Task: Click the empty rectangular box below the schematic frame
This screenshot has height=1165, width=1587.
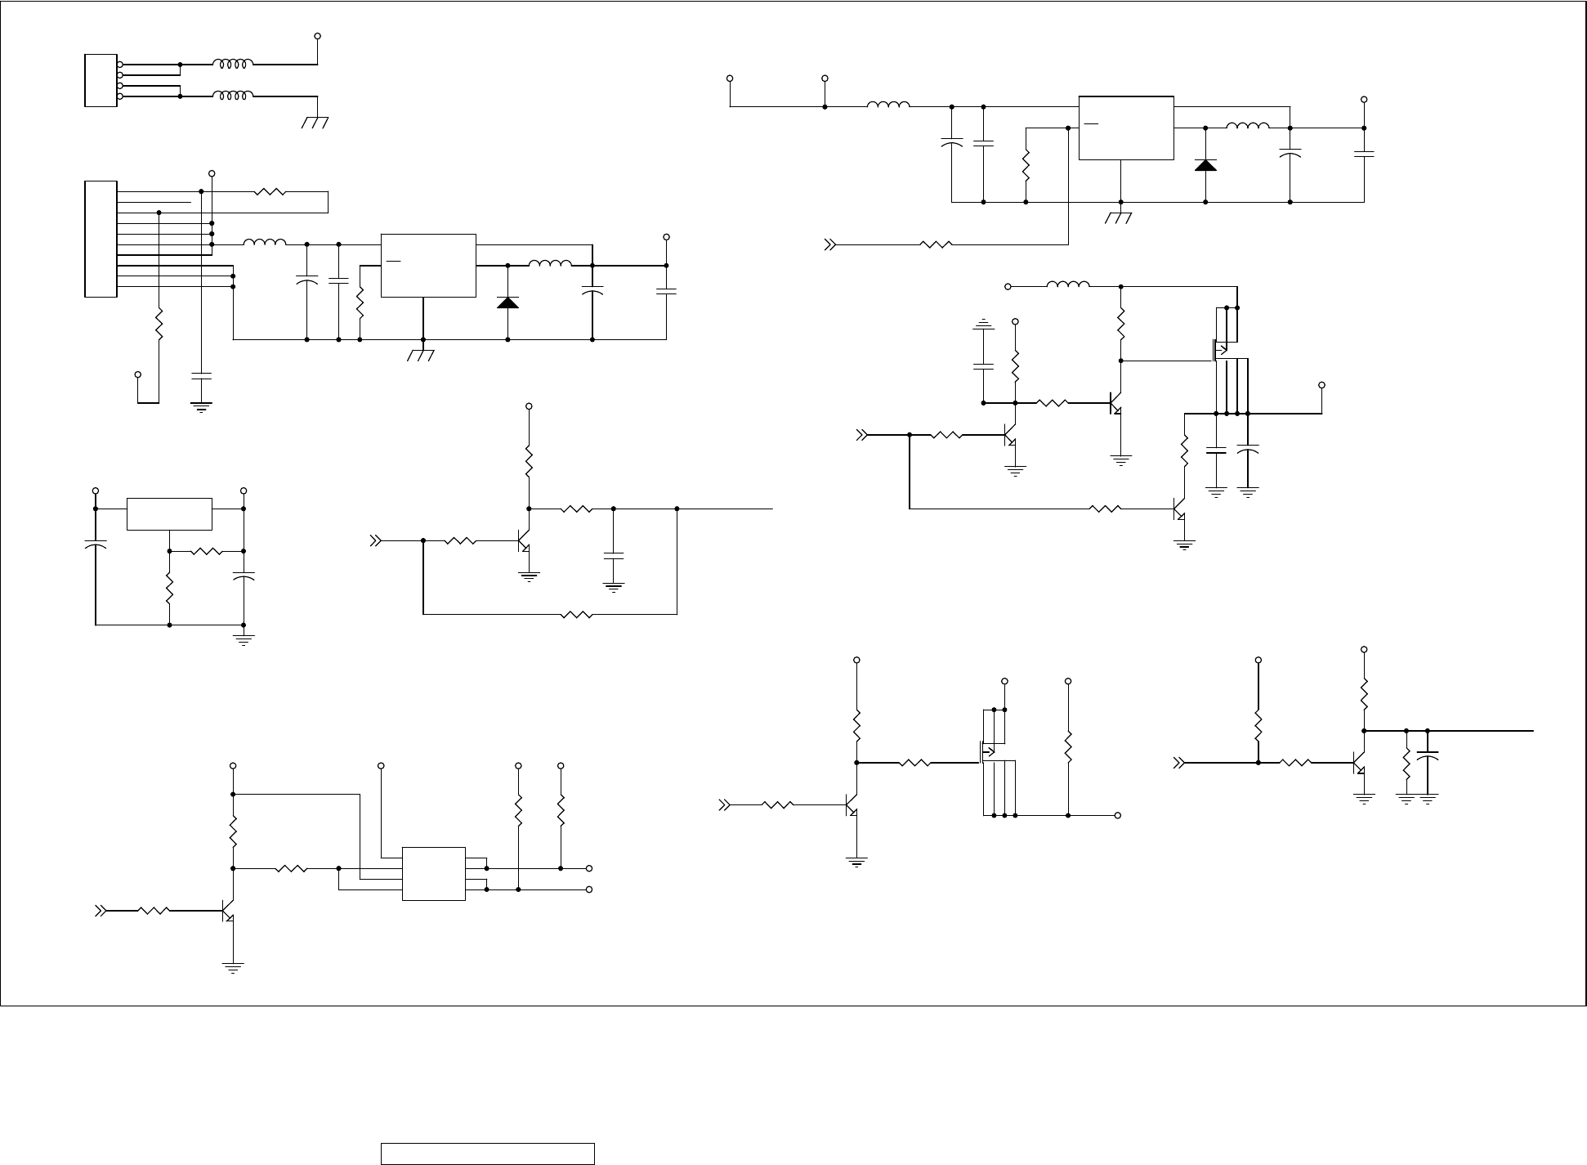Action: click(x=487, y=1154)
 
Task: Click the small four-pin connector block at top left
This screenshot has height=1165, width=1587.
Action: click(x=101, y=80)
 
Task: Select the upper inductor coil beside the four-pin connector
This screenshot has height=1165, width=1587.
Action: click(x=233, y=63)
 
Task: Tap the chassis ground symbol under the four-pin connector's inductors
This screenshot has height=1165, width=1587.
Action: click(x=315, y=123)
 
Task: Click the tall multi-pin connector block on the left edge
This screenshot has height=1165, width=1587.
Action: click(x=101, y=238)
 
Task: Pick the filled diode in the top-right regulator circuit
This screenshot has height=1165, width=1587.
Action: click(x=1205, y=165)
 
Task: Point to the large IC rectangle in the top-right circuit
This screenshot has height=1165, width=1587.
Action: click(x=1126, y=128)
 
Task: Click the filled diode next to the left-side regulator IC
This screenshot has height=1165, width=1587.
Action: click(x=507, y=302)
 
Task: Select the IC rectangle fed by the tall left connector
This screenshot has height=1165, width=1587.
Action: click(x=428, y=266)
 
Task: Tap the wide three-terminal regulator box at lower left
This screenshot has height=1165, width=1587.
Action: click(x=169, y=513)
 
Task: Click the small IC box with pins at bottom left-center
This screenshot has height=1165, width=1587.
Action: click(x=433, y=874)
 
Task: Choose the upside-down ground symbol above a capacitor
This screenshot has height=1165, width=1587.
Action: click(x=983, y=325)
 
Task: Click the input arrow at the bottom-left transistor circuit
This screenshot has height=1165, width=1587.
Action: click(x=101, y=910)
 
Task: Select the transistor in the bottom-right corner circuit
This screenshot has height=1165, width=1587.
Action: click(x=1359, y=763)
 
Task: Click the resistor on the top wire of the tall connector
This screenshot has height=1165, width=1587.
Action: click(x=270, y=192)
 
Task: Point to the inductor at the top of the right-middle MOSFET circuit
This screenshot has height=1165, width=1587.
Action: click(x=1067, y=285)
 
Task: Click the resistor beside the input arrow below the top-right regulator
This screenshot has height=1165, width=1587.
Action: click(x=937, y=244)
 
